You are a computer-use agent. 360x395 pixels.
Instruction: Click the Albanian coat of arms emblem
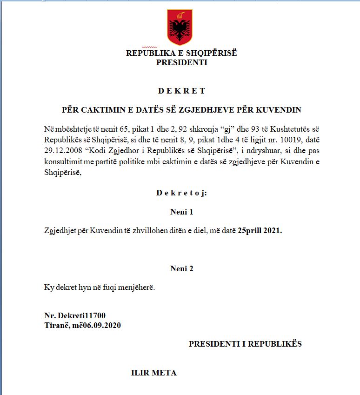click(180, 27)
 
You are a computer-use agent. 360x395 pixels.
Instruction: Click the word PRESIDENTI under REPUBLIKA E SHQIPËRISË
click(181, 62)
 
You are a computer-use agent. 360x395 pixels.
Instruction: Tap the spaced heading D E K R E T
click(181, 91)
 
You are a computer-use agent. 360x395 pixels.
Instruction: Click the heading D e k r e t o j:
click(181, 193)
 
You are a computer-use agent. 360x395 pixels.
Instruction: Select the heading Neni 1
click(181, 212)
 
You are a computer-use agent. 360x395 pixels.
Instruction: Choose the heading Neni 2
click(181, 268)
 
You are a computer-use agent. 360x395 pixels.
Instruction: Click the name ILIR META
click(154, 373)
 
